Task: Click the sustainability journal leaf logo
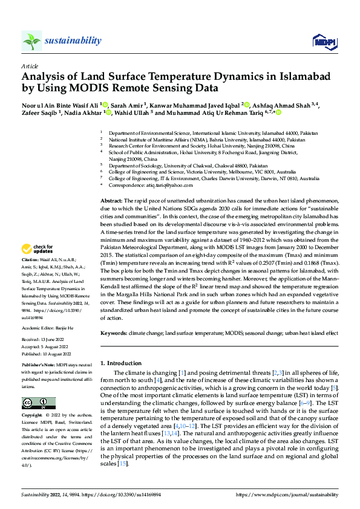pyautogui.click(x=31, y=41)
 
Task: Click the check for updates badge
pyautogui.click(x=38, y=248)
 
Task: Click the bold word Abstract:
pyautogui.click(x=111, y=200)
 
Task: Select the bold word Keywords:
pyautogui.click(x=113, y=333)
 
